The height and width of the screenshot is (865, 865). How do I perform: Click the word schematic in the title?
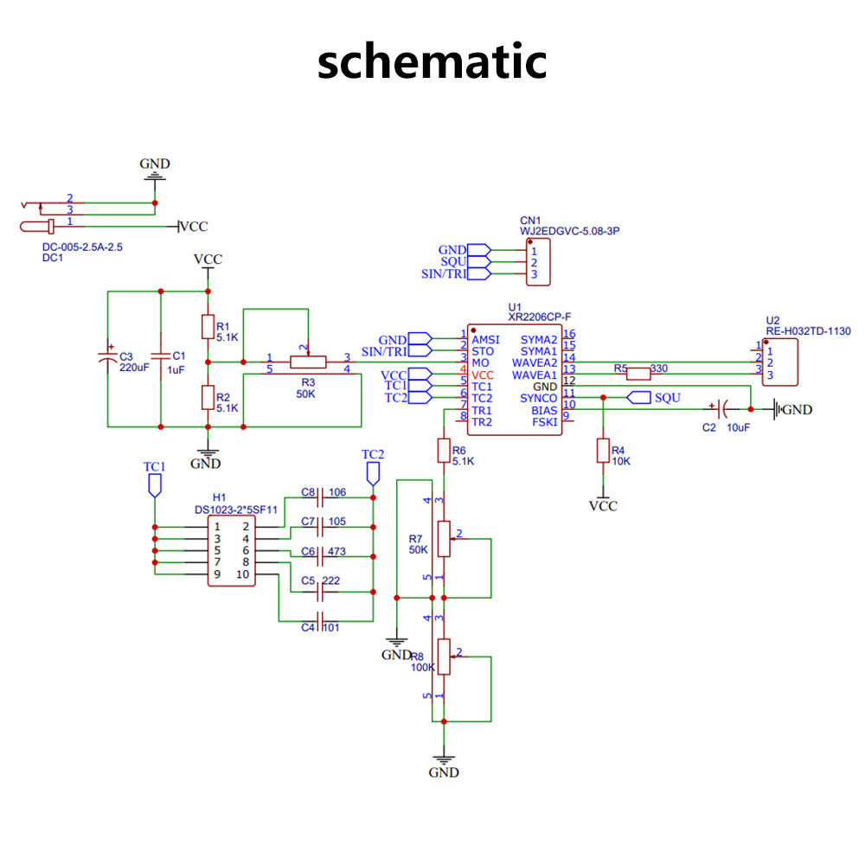click(x=432, y=61)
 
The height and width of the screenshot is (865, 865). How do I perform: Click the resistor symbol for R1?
click(x=208, y=327)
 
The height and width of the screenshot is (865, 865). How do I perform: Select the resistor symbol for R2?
click(x=208, y=397)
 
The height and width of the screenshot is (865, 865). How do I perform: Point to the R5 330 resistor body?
click(x=638, y=374)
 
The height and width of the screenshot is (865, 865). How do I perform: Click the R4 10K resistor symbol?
click(x=603, y=450)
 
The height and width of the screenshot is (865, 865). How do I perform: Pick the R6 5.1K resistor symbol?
click(x=444, y=450)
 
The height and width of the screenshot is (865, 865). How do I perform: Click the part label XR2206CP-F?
click(x=540, y=317)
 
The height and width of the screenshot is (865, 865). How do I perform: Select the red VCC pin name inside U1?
click(x=482, y=375)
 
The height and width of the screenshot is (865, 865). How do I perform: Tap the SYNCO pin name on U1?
click(x=538, y=398)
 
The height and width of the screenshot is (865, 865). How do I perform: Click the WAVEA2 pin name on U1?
click(x=535, y=363)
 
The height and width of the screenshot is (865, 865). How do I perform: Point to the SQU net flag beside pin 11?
click(x=639, y=397)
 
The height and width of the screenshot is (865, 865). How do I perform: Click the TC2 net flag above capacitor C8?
click(x=373, y=474)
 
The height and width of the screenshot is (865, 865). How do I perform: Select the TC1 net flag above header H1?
click(x=155, y=485)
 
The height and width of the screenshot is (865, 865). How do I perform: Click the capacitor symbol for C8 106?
click(x=319, y=498)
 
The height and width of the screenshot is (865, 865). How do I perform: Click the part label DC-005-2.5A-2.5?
click(x=82, y=247)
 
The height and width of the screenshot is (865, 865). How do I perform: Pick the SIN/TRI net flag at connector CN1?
click(x=479, y=273)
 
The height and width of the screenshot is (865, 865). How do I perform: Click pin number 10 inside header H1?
click(x=243, y=574)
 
